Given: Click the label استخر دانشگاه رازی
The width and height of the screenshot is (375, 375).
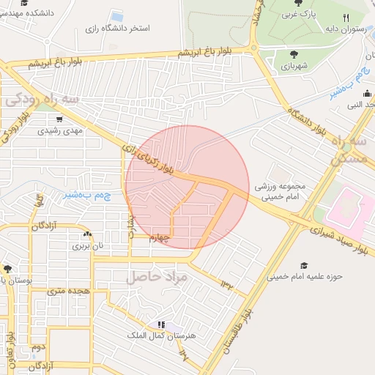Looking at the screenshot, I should [116, 28].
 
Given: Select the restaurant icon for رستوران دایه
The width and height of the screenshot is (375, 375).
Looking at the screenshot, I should [346, 18].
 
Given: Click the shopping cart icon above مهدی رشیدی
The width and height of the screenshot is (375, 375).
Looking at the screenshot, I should [59, 119].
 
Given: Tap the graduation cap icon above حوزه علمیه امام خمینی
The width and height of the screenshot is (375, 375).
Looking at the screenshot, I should [304, 265].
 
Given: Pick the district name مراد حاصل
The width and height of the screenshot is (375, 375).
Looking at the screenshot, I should [157, 278].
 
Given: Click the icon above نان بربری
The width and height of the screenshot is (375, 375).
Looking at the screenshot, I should [87, 234].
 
